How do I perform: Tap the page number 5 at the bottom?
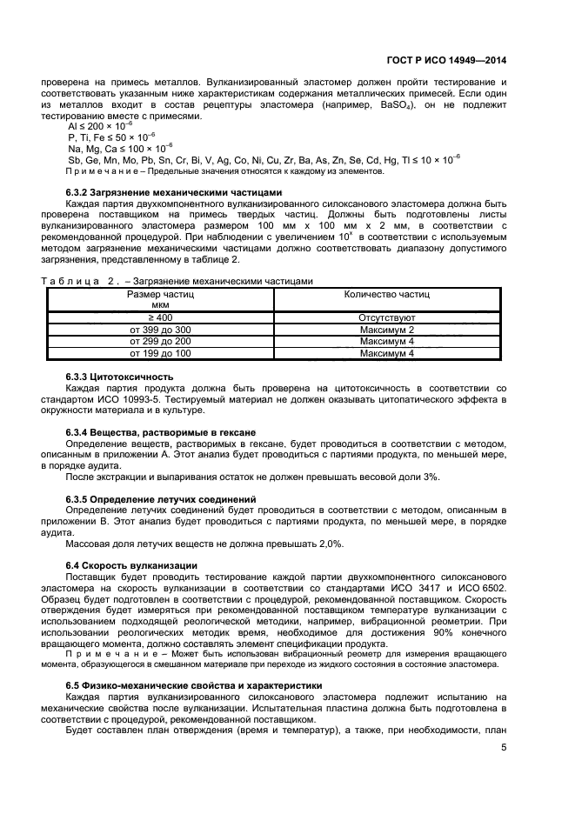pos(504,746)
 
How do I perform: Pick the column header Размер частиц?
pos(161,295)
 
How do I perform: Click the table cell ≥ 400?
pos(161,318)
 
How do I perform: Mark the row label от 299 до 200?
pos(161,342)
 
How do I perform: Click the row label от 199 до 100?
pos(161,354)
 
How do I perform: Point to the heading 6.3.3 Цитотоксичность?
pos(120,376)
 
